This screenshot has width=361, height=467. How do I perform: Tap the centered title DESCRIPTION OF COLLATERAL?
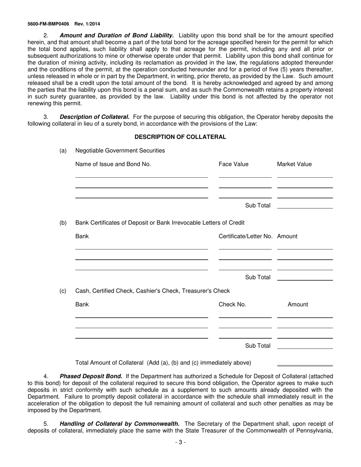[180, 137]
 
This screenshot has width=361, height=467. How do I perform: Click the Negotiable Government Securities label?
[120, 151]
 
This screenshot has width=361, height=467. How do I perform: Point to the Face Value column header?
[233, 164]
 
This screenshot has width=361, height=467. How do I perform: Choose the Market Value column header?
[294, 164]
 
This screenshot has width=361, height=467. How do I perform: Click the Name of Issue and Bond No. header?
[113, 164]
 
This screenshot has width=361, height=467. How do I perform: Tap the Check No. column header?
[232, 304]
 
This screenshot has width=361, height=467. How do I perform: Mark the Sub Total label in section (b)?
[258, 278]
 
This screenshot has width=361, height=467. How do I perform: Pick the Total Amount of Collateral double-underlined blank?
[305, 364]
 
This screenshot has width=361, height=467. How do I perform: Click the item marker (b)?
[63, 223]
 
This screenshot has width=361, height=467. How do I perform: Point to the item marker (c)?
[63, 291]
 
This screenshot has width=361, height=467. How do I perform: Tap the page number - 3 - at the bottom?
[180, 442]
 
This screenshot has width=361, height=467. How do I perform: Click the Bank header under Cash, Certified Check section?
[82, 304]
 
